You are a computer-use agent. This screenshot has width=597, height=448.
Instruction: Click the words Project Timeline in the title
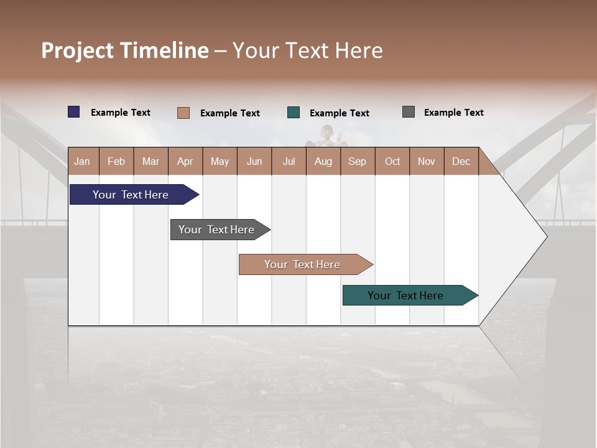click(x=124, y=50)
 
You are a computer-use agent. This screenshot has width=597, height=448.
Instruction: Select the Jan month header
click(x=82, y=161)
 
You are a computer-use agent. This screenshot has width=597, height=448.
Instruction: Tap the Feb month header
click(x=116, y=161)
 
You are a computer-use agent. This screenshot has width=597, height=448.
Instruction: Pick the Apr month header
click(x=185, y=161)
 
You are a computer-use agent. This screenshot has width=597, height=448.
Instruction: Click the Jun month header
click(x=254, y=161)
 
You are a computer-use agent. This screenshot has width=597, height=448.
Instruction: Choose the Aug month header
click(x=323, y=161)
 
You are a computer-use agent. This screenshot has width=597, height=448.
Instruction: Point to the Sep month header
click(x=357, y=161)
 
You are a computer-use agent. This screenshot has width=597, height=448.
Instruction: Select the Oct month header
click(x=392, y=161)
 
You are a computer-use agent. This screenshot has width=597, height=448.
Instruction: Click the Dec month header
click(x=461, y=161)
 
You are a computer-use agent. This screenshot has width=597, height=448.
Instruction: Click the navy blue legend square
click(x=74, y=112)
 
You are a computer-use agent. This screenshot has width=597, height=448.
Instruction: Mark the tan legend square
click(x=183, y=113)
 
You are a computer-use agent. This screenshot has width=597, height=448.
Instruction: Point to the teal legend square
click(x=294, y=113)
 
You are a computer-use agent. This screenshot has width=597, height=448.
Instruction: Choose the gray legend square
click(x=409, y=112)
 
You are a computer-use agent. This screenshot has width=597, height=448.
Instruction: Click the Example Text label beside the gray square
click(x=453, y=112)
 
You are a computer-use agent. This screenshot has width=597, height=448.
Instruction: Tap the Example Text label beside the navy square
click(x=121, y=112)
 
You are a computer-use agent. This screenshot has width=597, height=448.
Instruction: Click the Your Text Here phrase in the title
click(x=307, y=50)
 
